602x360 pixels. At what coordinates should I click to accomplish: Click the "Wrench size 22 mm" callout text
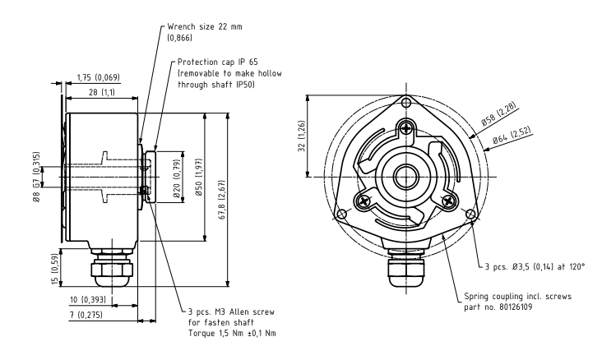coord(205,27)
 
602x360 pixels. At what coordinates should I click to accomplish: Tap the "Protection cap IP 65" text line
coord(218,62)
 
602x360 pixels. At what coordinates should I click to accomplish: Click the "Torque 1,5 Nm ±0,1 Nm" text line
coord(232,333)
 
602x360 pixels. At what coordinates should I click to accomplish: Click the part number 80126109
coord(516,307)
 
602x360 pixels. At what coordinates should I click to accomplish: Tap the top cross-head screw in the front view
coord(406,127)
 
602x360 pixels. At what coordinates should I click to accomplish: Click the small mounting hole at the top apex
coord(406,103)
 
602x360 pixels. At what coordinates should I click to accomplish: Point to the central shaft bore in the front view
coord(406,177)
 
